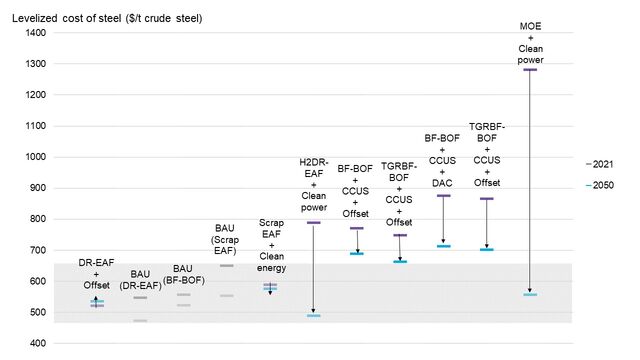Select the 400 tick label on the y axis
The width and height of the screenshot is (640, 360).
tap(36, 343)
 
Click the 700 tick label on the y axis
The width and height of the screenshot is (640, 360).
tap(36, 250)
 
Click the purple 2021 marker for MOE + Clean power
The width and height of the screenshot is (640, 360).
tap(530, 70)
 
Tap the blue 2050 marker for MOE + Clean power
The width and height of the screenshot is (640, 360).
tap(530, 295)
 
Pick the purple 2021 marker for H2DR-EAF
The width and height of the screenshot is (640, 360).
tap(313, 222)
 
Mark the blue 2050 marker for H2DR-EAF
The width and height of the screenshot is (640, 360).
tap(313, 315)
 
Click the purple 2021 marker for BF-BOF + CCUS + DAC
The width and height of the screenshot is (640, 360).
tap(443, 196)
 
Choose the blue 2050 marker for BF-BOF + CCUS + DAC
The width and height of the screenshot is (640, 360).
tap(443, 246)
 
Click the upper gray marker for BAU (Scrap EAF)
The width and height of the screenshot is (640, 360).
tap(226, 266)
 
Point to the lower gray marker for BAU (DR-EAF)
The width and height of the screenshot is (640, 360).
tap(140, 321)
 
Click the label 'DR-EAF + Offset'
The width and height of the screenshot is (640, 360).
tap(96, 273)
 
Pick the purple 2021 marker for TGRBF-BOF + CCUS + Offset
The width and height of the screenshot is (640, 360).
tap(400, 235)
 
